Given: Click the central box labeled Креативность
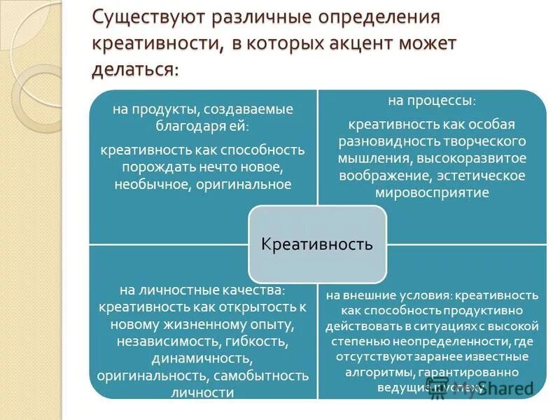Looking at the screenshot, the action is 316,244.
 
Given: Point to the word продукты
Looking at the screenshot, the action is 162,110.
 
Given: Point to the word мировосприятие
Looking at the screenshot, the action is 432,192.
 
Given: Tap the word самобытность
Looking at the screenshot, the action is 262,376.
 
